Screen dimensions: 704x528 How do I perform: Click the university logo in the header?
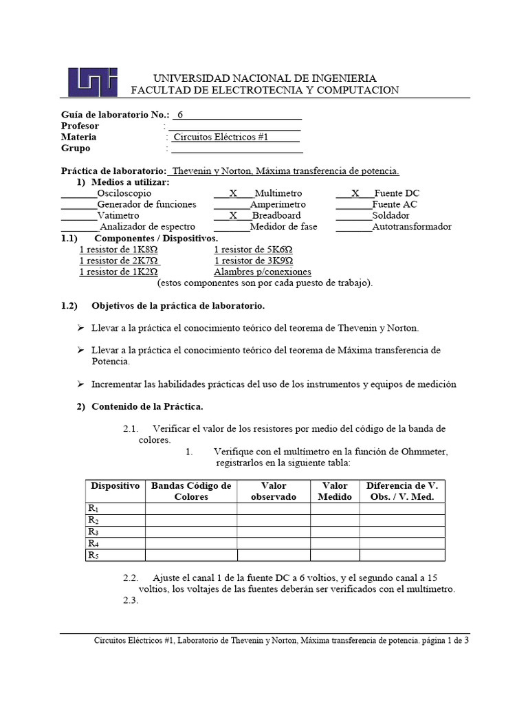[x=92, y=82]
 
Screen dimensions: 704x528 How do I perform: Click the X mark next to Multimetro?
[x=233, y=194]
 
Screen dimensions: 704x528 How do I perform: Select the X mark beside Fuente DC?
[x=355, y=194]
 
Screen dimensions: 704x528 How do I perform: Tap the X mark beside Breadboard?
[x=233, y=215]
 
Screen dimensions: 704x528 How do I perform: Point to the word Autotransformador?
[x=412, y=226]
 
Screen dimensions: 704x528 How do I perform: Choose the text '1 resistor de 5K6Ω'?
[x=254, y=250]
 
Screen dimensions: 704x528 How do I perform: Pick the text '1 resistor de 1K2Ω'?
[x=119, y=272]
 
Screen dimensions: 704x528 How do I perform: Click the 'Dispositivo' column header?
[x=115, y=486]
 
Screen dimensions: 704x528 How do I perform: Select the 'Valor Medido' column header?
[x=335, y=491]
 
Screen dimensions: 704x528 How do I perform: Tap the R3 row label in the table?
[x=93, y=531]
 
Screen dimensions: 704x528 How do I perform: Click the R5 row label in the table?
[x=93, y=555]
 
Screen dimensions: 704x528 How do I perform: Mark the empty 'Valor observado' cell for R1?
[x=274, y=509]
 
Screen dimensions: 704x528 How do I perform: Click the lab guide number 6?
[x=180, y=115]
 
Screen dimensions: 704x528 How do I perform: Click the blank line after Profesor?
[x=234, y=126]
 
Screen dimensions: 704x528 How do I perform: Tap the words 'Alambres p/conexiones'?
[x=263, y=272]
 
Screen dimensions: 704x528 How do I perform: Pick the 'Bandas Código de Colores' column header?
[x=191, y=491]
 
